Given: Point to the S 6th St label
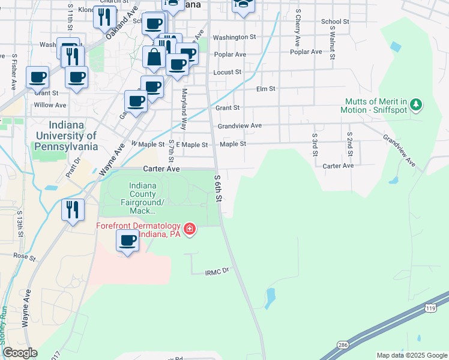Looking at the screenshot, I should tap(218, 188).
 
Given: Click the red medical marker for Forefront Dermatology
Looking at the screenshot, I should tap(190, 229).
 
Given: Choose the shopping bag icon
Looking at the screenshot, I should tap(154, 58).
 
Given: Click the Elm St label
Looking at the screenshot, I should tap(265, 89).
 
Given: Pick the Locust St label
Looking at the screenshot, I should tap(228, 72).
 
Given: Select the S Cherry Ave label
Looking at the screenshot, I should tap(298, 28).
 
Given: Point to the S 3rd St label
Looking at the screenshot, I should tap(315, 144).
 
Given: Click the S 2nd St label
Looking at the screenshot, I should tap(350, 143).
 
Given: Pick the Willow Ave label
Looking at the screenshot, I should tap(50, 105).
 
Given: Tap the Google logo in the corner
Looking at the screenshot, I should tap(19, 353).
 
